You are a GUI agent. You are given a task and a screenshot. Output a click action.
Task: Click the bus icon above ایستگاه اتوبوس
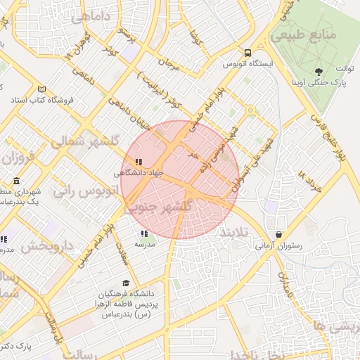click(247, 53)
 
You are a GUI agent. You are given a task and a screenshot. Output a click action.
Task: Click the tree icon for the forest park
click(319, 71)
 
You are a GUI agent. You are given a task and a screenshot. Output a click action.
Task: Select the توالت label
click(343, 69)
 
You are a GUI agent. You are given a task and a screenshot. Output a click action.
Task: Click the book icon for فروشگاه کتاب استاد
click(41, 89)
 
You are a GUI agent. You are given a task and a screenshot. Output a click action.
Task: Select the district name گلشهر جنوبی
click(160, 207)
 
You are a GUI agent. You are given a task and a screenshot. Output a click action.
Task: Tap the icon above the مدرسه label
click(144, 233)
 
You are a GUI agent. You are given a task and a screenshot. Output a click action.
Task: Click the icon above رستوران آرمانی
click(279, 235)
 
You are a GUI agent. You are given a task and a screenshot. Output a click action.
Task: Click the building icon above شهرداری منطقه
click(16, 181)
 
